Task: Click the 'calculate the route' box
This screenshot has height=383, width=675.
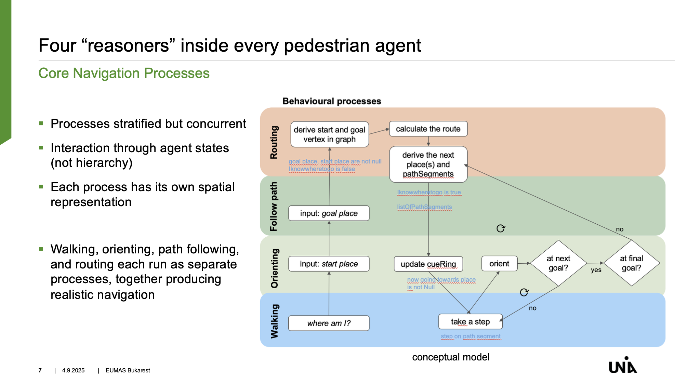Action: (x=428, y=129)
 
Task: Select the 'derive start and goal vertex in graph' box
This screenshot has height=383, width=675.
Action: (x=330, y=134)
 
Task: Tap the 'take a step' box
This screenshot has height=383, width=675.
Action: (x=471, y=321)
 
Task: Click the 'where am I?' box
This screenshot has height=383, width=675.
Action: (x=329, y=323)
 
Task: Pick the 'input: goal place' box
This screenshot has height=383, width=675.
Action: (x=329, y=213)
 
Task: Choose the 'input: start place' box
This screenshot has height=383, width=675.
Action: (x=329, y=264)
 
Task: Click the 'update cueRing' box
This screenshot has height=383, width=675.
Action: (x=428, y=264)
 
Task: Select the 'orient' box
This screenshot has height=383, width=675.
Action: (x=499, y=264)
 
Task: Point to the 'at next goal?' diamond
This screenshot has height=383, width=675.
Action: (x=558, y=263)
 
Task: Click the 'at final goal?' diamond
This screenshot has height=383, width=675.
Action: (x=632, y=263)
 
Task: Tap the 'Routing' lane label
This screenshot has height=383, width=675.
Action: (x=274, y=142)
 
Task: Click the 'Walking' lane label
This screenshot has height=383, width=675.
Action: (x=274, y=321)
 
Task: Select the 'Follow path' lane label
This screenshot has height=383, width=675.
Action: (x=274, y=206)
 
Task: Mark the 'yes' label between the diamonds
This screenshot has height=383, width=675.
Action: (x=596, y=270)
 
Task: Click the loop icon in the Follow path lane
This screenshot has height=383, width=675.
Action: (x=501, y=228)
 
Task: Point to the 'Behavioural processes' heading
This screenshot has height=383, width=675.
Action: (x=332, y=101)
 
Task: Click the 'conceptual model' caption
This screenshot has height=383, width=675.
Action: (x=451, y=357)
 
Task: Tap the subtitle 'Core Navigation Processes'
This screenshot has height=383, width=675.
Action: (x=124, y=73)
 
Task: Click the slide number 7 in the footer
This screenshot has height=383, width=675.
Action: (x=40, y=370)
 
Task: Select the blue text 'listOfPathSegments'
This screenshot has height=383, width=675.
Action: (x=424, y=207)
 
